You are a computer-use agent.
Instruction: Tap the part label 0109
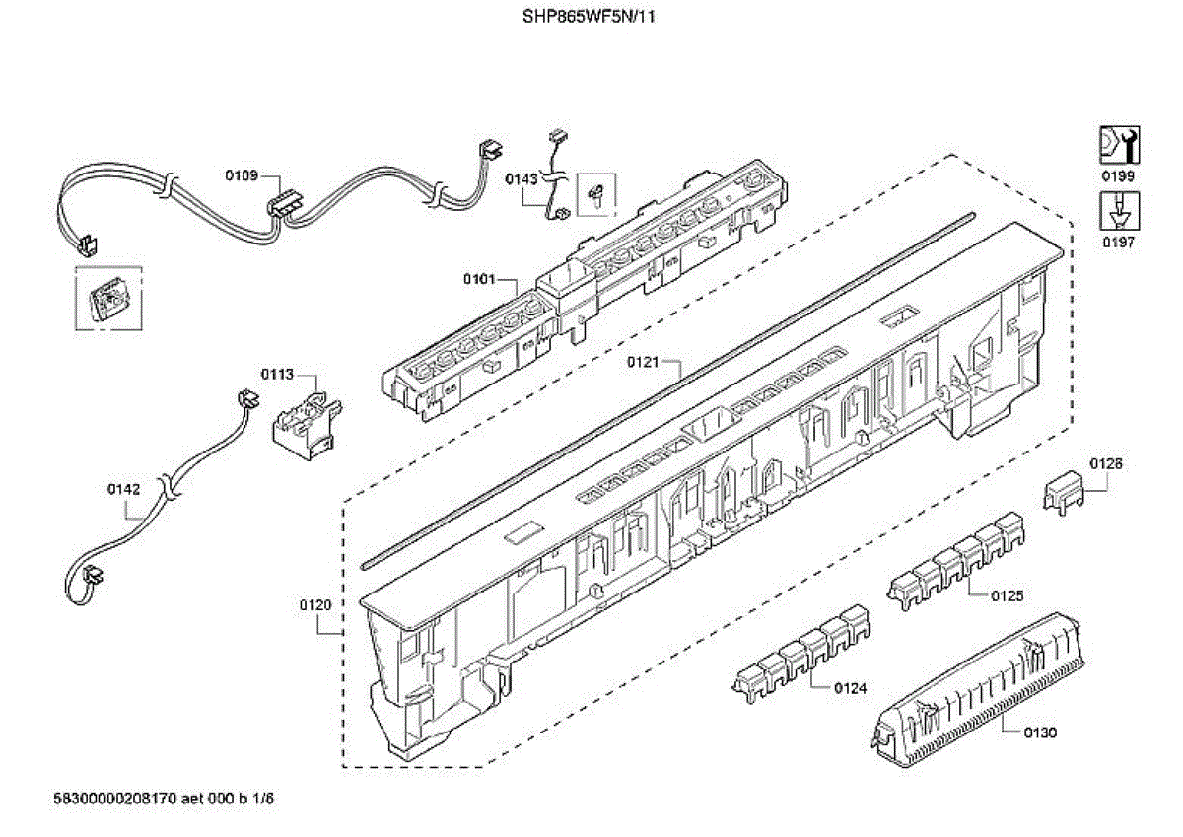click(x=242, y=175)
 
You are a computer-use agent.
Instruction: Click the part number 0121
click(x=642, y=362)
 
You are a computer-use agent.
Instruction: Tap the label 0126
click(x=1106, y=463)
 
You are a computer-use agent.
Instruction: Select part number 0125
click(x=1007, y=594)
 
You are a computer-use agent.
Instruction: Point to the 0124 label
click(x=850, y=688)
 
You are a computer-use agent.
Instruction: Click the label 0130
click(x=1039, y=732)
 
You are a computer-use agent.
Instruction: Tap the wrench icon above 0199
click(x=1118, y=145)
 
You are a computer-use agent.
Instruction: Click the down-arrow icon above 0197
click(x=1118, y=211)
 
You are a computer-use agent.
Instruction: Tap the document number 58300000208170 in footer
click(x=114, y=798)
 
